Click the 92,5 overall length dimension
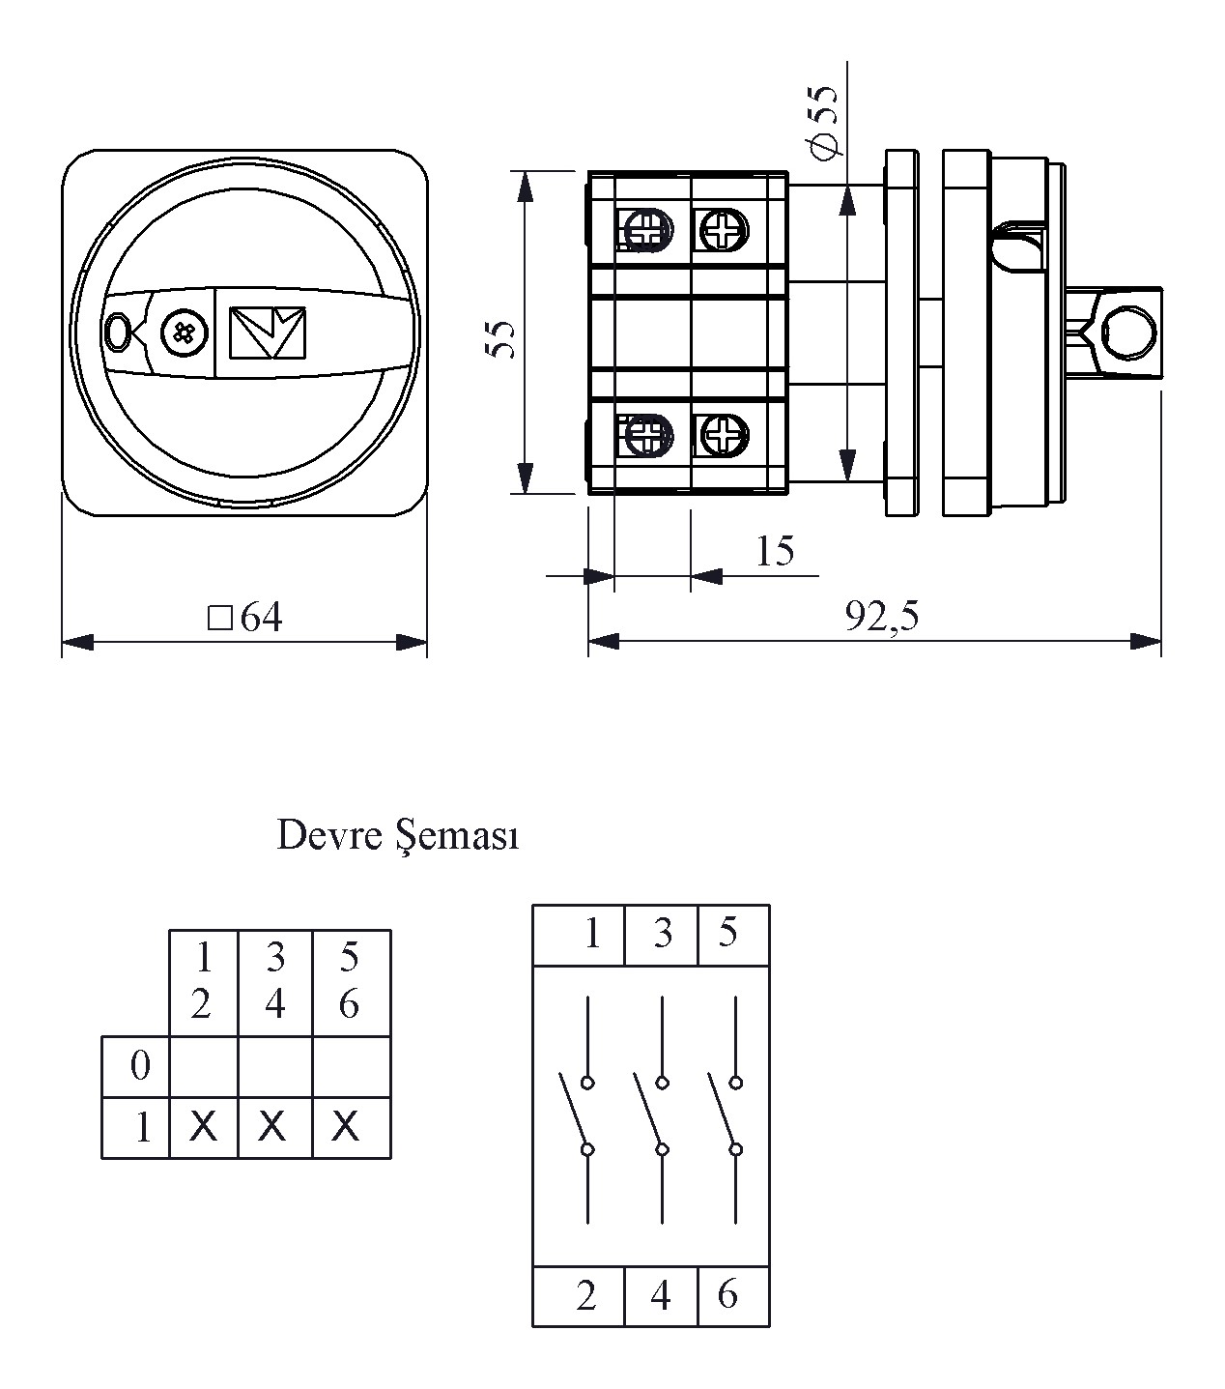882,616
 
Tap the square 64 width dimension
246,618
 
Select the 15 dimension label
775,551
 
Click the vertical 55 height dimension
500,338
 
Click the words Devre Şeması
397,836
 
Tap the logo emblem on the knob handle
268,333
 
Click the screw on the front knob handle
183,333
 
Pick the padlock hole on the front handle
118,333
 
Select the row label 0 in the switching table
140,1066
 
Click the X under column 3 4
273,1126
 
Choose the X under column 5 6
346,1126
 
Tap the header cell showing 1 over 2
203,982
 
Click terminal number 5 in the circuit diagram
728,934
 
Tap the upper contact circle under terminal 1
587,1082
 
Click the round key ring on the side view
1127,332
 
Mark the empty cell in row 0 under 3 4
274,1066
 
